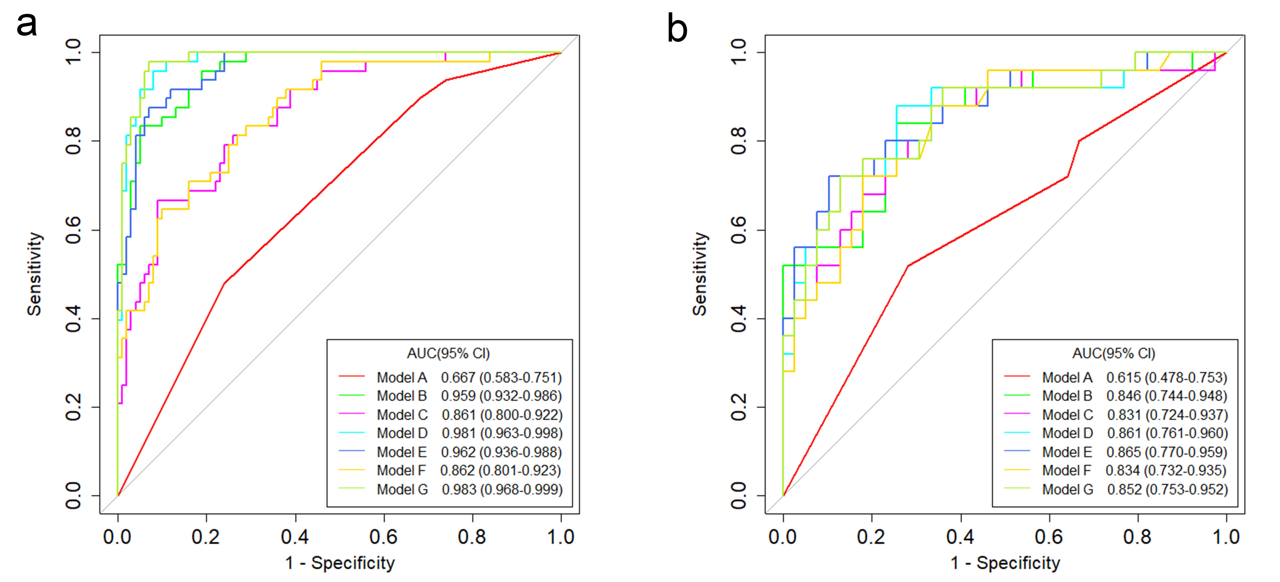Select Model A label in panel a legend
pyautogui.click(x=402, y=378)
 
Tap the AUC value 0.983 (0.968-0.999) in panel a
pyautogui.click(x=502, y=490)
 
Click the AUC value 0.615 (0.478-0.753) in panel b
pyautogui.click(x=1166, y=378)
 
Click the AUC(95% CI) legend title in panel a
pyautogui.click(x=448, y=354)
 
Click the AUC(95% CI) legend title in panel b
pyautogui.click(x=1113, y=354)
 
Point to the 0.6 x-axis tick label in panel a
pyautogui.click(x=384, y=537)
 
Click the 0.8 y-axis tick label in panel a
pyautogui.click(x=74, y=141)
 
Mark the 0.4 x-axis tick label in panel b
pyautogui.click(x=960, y=537)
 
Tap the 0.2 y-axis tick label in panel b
pyautogui.click(x=739, y=407)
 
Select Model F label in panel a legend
pyautogui.click(x=401, y=471)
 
